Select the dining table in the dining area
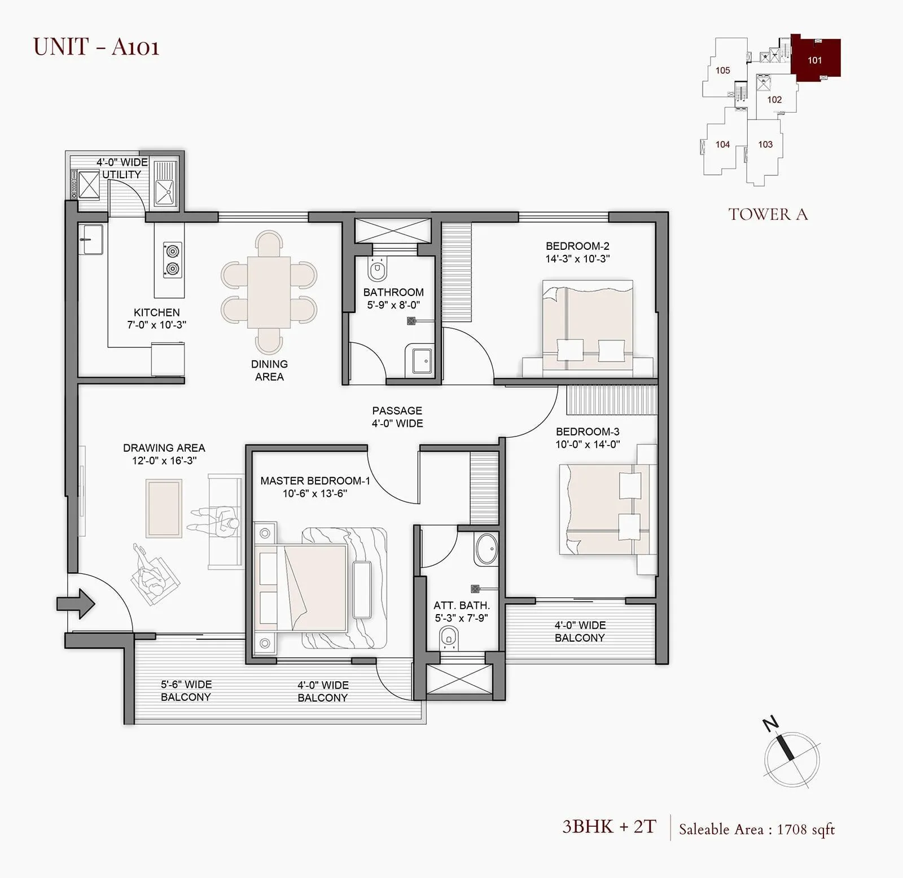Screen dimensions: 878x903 269,292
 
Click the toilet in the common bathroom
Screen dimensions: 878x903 377,269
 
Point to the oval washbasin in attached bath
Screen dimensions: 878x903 485,549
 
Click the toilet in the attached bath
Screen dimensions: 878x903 449,637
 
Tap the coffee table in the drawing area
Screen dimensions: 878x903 164,508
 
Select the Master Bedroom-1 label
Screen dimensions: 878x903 315,480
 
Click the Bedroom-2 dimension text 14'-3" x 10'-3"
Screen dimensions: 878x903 577,259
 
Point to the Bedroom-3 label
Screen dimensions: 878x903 588,431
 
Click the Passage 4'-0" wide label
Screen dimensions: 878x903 397,417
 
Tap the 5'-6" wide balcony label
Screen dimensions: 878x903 186,690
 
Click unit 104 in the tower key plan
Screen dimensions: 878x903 722,144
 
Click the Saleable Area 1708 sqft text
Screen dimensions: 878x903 756,829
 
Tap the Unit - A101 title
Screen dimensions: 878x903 97,46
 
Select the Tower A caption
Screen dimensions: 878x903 768,214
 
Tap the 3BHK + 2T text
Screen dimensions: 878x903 609,827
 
